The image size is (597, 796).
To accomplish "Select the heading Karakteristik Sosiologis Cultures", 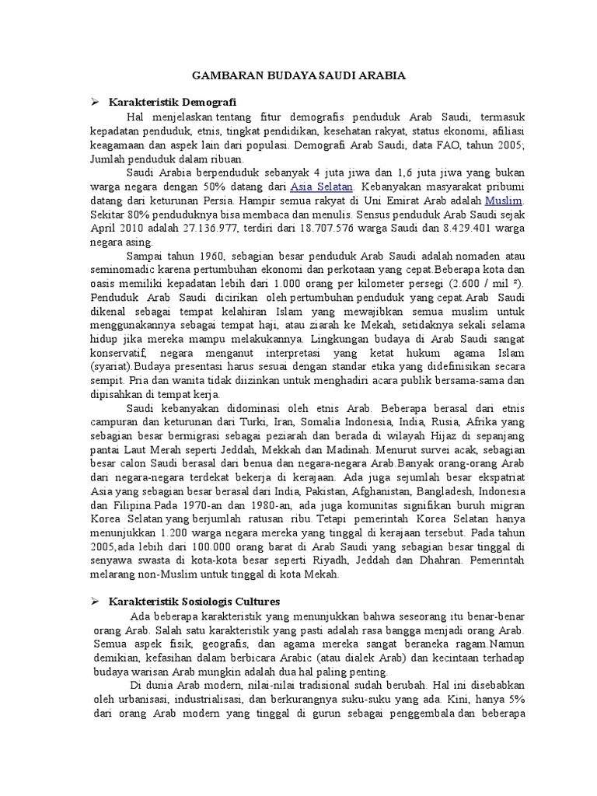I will (194, 601).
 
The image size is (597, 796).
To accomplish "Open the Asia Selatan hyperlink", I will (322, 187).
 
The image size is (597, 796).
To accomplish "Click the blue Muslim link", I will (503, 200).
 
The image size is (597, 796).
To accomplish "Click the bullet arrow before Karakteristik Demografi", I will (95, 103).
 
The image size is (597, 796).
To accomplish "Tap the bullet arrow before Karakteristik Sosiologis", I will (95, 601).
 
